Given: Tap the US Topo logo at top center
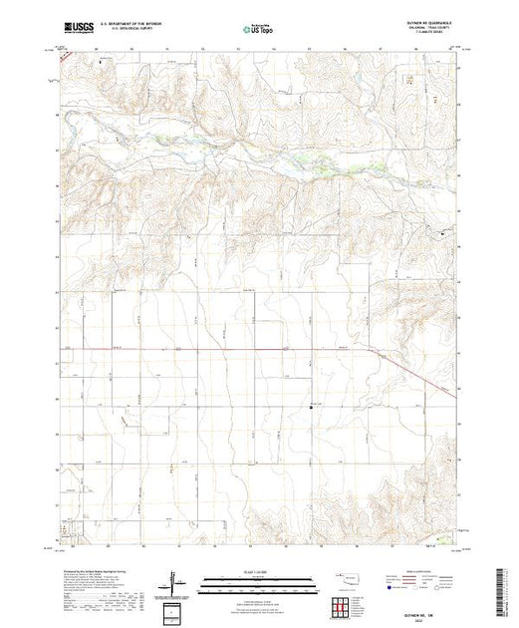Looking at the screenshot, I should pos(259,30).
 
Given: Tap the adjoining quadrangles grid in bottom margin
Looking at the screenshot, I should pos(346,603).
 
